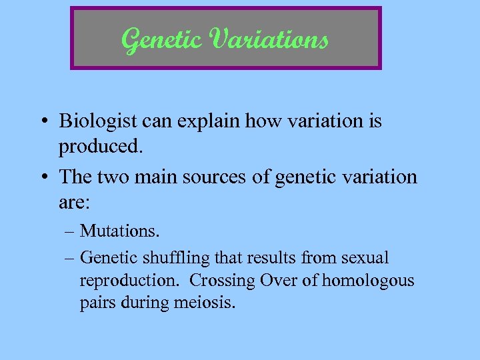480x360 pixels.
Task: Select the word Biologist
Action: tap(99, 121)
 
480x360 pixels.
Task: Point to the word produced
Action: tap(100, 145)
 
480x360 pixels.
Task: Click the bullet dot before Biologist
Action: tap(43, 122)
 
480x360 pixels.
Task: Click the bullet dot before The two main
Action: tap(43, 177)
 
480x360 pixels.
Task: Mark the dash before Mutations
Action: tap(71, 232)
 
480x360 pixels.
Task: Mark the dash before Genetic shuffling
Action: tap(71, 258)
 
